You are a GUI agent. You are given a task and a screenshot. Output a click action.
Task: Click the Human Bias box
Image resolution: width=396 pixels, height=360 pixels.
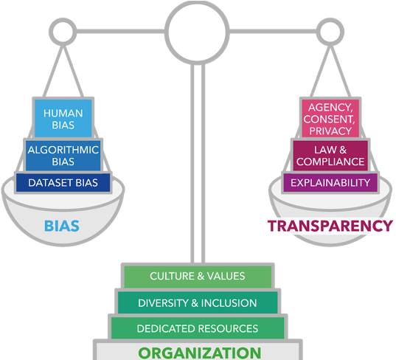tap(63, 119)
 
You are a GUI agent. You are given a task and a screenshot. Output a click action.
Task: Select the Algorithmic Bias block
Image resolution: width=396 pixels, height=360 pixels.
tap(63, 155)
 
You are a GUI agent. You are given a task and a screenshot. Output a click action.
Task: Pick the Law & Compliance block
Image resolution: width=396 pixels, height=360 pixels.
tap(330, 155)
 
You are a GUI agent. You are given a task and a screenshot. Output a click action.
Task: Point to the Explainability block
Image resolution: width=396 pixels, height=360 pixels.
tap(330, 182)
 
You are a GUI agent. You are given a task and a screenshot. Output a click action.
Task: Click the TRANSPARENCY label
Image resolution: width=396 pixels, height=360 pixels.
tap(330, 226)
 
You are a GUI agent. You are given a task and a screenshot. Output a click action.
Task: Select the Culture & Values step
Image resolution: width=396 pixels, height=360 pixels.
tap(197, 276)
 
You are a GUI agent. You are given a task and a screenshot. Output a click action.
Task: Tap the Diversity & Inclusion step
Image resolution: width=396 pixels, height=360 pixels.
tap(197, 302)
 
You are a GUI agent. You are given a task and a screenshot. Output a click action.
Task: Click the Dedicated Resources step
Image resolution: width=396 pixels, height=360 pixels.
tap(197, 328)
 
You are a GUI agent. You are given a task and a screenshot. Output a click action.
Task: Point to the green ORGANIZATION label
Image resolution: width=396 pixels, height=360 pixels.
tap(200, 353)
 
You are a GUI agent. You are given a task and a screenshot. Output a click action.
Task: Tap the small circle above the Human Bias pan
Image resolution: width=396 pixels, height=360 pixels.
tap(63, 31)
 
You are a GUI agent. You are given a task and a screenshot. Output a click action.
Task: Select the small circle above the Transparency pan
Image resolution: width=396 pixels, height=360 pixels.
tap(330, 31)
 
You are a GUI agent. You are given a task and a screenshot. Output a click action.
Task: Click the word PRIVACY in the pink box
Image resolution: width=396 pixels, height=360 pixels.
tap(330, 131)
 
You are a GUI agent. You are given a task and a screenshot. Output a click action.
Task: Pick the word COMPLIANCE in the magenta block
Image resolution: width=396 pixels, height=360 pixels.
tap(330, 161)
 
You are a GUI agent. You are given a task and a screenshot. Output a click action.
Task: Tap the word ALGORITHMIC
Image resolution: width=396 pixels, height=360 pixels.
tap(63, 149)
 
